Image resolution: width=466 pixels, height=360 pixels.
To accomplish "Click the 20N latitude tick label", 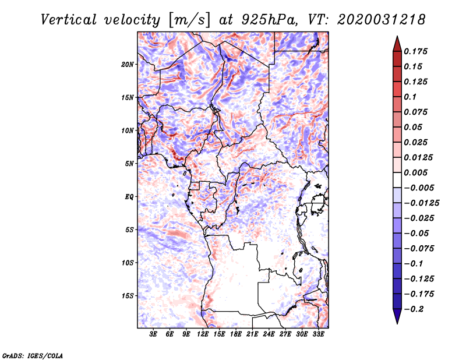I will point(128,64).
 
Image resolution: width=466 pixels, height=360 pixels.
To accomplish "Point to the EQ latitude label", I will point(129,197).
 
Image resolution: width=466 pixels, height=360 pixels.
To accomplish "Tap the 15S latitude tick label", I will point(128,296).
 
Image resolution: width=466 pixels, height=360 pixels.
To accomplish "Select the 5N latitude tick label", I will point(129,164).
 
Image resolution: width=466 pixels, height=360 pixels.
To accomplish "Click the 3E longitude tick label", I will point(153,334).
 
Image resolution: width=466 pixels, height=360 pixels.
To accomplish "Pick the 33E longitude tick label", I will point(319,334).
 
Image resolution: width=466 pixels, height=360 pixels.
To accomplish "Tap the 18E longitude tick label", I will point(236,334).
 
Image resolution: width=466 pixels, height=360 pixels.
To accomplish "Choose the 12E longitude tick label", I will point(203,334).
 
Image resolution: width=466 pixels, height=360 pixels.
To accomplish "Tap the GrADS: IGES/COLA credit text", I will point(33,355).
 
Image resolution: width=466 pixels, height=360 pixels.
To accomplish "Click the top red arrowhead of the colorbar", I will point(396,42).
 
